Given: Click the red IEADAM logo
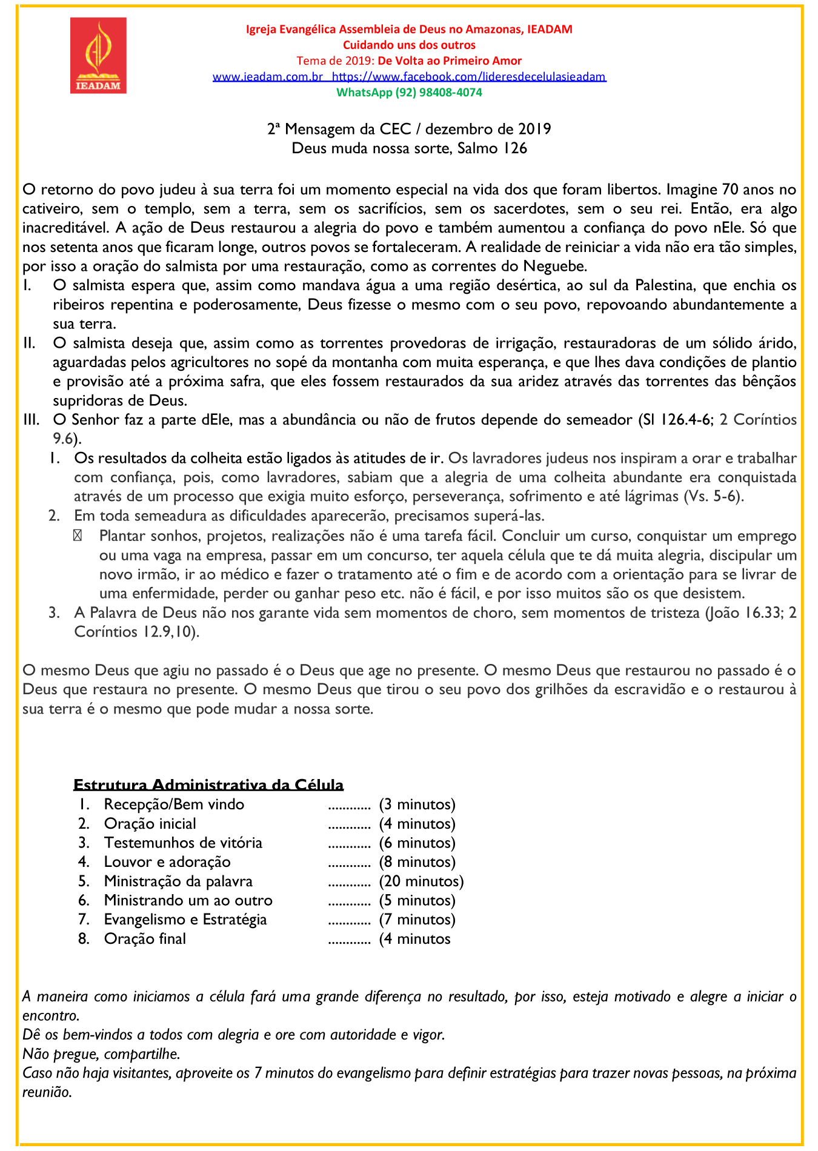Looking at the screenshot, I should coord(98,55).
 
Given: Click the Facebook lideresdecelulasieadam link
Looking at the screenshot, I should coord(469,77).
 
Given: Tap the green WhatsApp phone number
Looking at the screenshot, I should coord(409,93).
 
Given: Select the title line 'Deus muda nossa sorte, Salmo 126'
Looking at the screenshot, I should coord(409,148).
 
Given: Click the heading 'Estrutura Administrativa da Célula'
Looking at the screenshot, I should coord(208,785).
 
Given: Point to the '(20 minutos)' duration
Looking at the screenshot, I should coord(421,881).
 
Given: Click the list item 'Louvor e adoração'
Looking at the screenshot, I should coord(167,862).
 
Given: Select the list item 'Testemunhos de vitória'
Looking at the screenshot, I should coord(183,843).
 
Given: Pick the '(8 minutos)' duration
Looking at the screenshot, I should coord(417,862).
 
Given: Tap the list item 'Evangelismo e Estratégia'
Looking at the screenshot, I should coord(185,920).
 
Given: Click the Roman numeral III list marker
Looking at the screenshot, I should coord(31,420).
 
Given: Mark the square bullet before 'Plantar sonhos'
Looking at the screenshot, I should coord(78,536).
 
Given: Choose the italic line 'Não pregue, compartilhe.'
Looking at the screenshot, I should coord(101,1054).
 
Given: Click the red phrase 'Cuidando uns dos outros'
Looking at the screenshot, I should coord(409,45).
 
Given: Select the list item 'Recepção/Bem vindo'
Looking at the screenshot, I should coord(174,804).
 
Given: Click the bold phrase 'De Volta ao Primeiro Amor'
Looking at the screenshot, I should coord(450,61).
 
